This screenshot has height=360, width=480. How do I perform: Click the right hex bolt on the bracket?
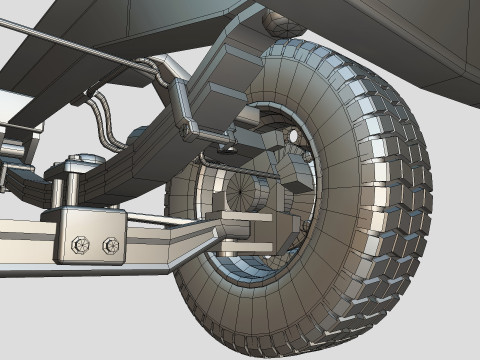tap(110, 245)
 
